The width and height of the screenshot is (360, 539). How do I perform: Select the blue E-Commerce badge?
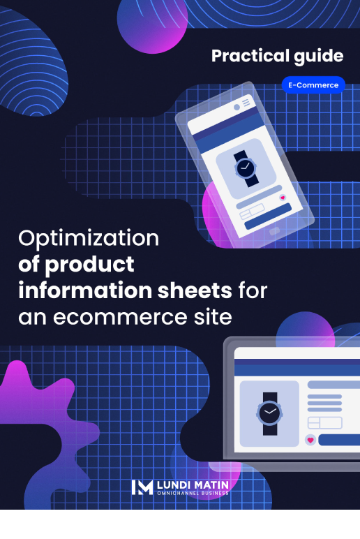pyautogui.click(x=313, y=85)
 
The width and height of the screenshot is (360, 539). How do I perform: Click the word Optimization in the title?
pyautogui.click(x=89, y=239)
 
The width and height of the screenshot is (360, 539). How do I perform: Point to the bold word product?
pyautogui.click(x=90, y=265)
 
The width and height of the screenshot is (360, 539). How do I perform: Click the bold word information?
pyautogui.click(x=85, y=290)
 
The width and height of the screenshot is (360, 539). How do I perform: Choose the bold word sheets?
pyautogui.click(x=195, y=291)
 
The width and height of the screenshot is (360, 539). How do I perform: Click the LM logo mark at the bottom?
pyautogui.click(x=142, y=487)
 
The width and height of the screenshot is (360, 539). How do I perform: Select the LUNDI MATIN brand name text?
pyautogui.click(x=193, y=485)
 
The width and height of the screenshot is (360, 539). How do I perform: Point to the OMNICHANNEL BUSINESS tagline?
pyautogui.click(x=193, y=494)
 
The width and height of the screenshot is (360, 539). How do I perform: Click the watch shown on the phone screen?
pyautogui.click(x=246, y=168)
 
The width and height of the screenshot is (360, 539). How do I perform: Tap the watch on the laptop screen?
pyautogui.click(x=270, y=413)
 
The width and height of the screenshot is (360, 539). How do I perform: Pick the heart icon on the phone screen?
pyautogui.click(x=283, y=198)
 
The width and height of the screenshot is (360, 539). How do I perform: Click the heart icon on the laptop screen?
pyautogui.click(x=310, y=440)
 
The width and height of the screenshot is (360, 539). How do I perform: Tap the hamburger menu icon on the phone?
pyautogui.click(x=246, y=103)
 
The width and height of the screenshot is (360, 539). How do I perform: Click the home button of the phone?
pyautogui.click(x=274, y=231)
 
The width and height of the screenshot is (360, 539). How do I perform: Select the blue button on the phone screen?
pyautogui.click(x=269, y=216)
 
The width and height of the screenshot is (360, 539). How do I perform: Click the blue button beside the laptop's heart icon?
pyautogui.click(x=339, y=440)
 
